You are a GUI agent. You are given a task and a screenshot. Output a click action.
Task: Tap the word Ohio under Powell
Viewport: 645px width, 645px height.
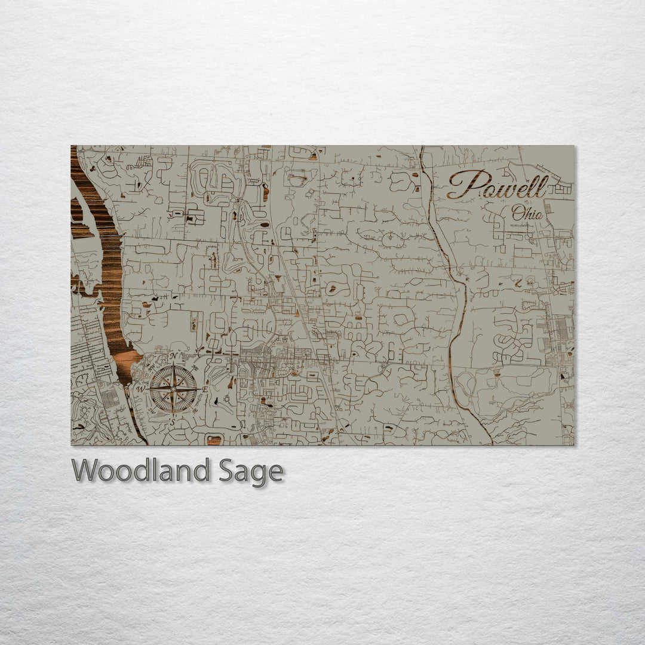[527, 213]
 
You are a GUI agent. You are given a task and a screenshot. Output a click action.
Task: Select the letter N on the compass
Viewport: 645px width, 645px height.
[173, 357]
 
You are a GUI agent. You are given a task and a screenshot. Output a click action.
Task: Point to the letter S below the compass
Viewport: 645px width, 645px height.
[173, 422]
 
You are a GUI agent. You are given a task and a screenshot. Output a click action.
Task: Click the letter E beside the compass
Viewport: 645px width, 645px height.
[205, 389]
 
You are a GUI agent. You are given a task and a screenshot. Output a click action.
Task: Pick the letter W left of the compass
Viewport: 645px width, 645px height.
[142, 389]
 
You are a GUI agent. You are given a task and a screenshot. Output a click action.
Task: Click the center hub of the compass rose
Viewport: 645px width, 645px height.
[173, 389]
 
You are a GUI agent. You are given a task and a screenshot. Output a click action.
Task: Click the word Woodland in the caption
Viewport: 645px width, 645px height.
[141, 471]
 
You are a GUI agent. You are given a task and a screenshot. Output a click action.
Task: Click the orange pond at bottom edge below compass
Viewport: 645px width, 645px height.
[214, 440]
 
